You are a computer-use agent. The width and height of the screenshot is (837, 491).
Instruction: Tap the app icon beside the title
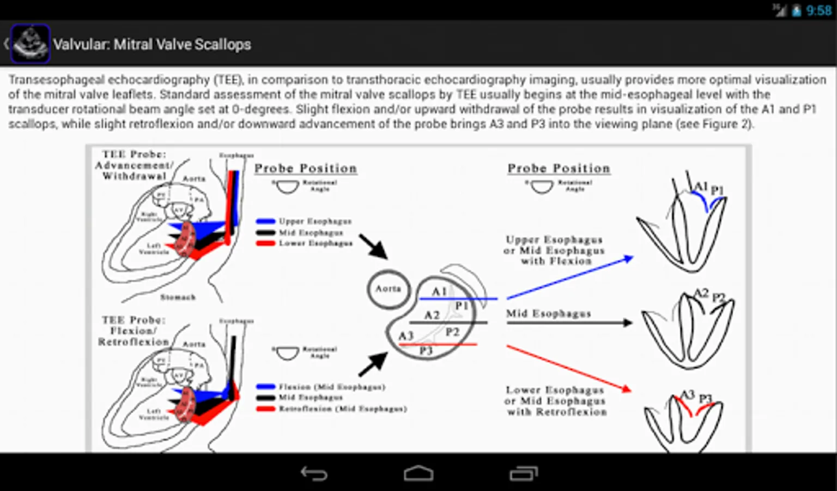[x=31, y=44]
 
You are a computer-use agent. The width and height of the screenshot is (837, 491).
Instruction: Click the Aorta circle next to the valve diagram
[x=388, y=289]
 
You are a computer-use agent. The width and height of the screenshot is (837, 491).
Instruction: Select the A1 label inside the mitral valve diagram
[x=439, y=291]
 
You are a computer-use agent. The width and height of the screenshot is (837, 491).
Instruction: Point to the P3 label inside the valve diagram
[x=426, y=351]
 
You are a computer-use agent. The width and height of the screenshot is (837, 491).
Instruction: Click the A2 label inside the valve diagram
[x=432, y=315]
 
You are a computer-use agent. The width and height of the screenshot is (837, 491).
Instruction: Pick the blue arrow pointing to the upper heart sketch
[x=569, y=277]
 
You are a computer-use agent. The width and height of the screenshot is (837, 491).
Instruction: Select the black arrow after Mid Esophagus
[x=569, y=323]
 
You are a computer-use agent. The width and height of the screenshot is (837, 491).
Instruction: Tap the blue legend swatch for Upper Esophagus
[x=265, y=221]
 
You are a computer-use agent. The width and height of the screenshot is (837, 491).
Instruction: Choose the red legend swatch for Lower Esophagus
[x=265, y=243]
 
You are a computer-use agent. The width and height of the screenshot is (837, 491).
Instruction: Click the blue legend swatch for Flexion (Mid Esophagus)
[x=265, y=387]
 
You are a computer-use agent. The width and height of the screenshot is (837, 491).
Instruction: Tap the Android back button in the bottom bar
[x=314, y=473]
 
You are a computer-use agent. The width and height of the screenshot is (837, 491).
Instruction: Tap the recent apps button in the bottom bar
[x=523, y=473]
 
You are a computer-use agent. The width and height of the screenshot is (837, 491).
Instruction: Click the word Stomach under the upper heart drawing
[x=178, y=297]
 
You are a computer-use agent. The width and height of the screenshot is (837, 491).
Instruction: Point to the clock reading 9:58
[x=818, y=10]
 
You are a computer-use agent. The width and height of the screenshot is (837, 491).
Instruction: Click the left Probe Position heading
[x=305, y=169]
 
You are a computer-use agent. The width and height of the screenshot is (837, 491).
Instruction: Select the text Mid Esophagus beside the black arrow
[x=548, y=314]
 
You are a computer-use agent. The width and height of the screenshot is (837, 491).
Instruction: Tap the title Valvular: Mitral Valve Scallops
[x=152, y=44]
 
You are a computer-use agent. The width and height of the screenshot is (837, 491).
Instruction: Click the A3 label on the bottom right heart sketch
[x=687, y=394]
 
